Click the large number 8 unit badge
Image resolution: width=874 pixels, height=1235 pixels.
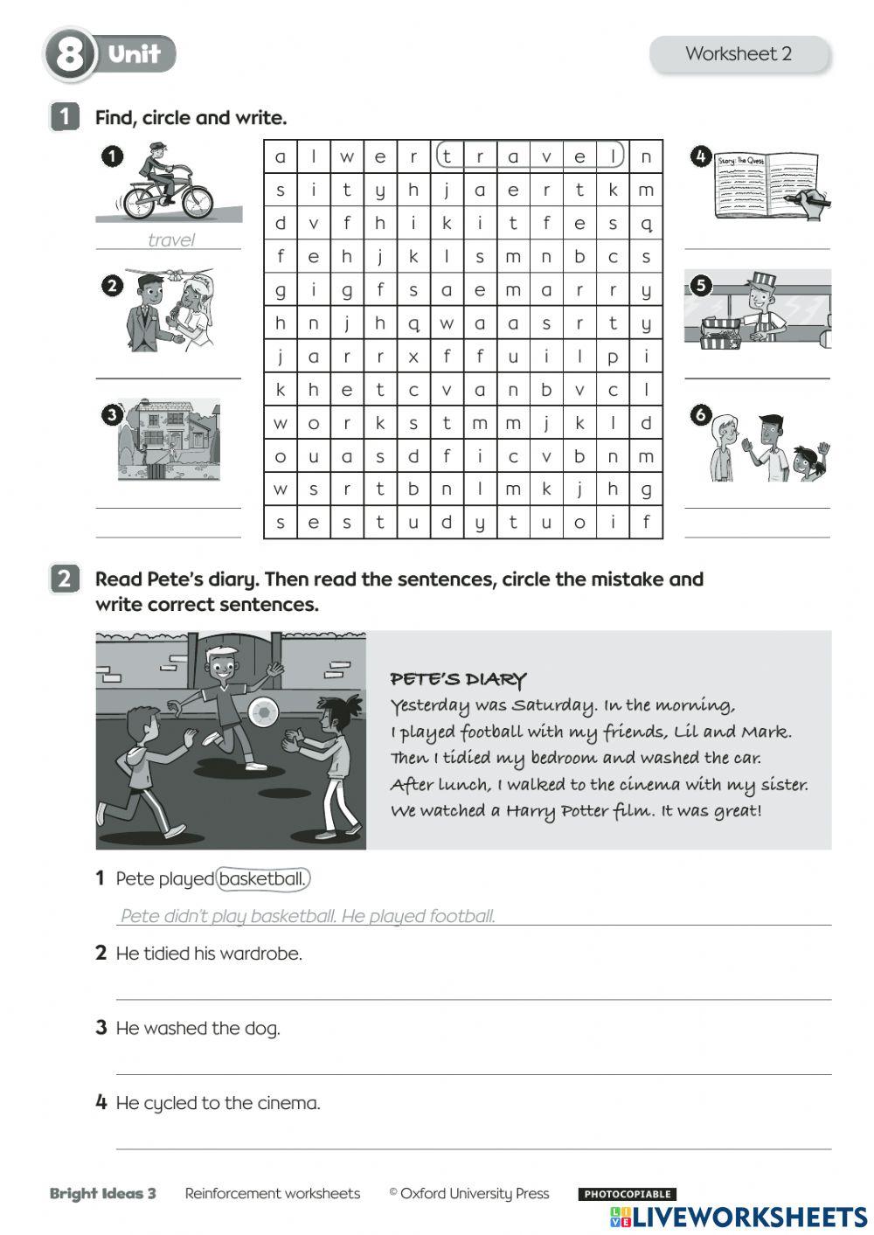69,55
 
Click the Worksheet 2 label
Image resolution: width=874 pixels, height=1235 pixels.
739,54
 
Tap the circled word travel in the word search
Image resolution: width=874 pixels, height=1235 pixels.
530,156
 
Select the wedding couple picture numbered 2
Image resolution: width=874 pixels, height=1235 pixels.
170,309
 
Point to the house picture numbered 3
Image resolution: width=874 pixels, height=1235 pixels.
169,440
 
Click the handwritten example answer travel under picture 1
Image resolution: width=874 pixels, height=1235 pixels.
170,240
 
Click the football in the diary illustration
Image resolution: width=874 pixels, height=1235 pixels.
262,713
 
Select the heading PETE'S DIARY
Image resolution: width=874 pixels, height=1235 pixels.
458,679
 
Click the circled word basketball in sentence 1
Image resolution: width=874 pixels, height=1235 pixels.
262,879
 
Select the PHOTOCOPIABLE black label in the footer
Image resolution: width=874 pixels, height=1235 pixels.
627,1194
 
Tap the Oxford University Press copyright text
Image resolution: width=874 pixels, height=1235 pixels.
469,1194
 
